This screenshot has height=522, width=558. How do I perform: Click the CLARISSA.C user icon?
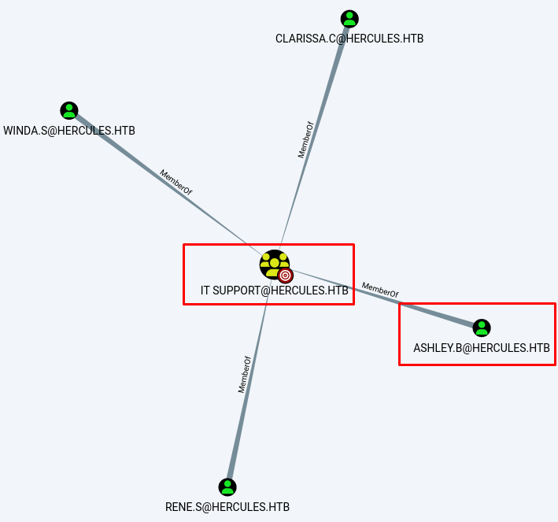[x=349, y=19]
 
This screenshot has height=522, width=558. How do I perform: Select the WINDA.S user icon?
[x=69, y=111]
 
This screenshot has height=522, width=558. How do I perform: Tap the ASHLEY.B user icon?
[x=482, y=328]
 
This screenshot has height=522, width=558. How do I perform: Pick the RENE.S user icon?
[x=227, y=487]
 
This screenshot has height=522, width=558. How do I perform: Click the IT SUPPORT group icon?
[x=273, y=264]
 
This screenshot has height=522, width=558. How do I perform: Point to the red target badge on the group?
[x=286, y=275]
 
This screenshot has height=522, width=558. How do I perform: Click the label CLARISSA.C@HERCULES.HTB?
[x=349, y=39]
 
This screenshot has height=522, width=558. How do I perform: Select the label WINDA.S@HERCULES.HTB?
[x=69, y=131]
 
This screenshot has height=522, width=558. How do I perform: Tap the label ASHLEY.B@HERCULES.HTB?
[x=482, y=347]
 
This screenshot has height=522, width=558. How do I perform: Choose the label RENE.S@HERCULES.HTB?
[x=227, y=507]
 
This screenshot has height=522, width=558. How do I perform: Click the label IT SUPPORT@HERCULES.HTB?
[x=274, y=291]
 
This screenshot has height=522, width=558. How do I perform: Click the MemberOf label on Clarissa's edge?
[x=305, y=140]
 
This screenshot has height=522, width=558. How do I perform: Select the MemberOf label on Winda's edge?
[x=176, y=182]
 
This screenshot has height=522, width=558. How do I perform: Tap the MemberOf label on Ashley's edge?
[x=380, y=290]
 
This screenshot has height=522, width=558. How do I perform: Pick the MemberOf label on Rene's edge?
[x=244, y=375]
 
